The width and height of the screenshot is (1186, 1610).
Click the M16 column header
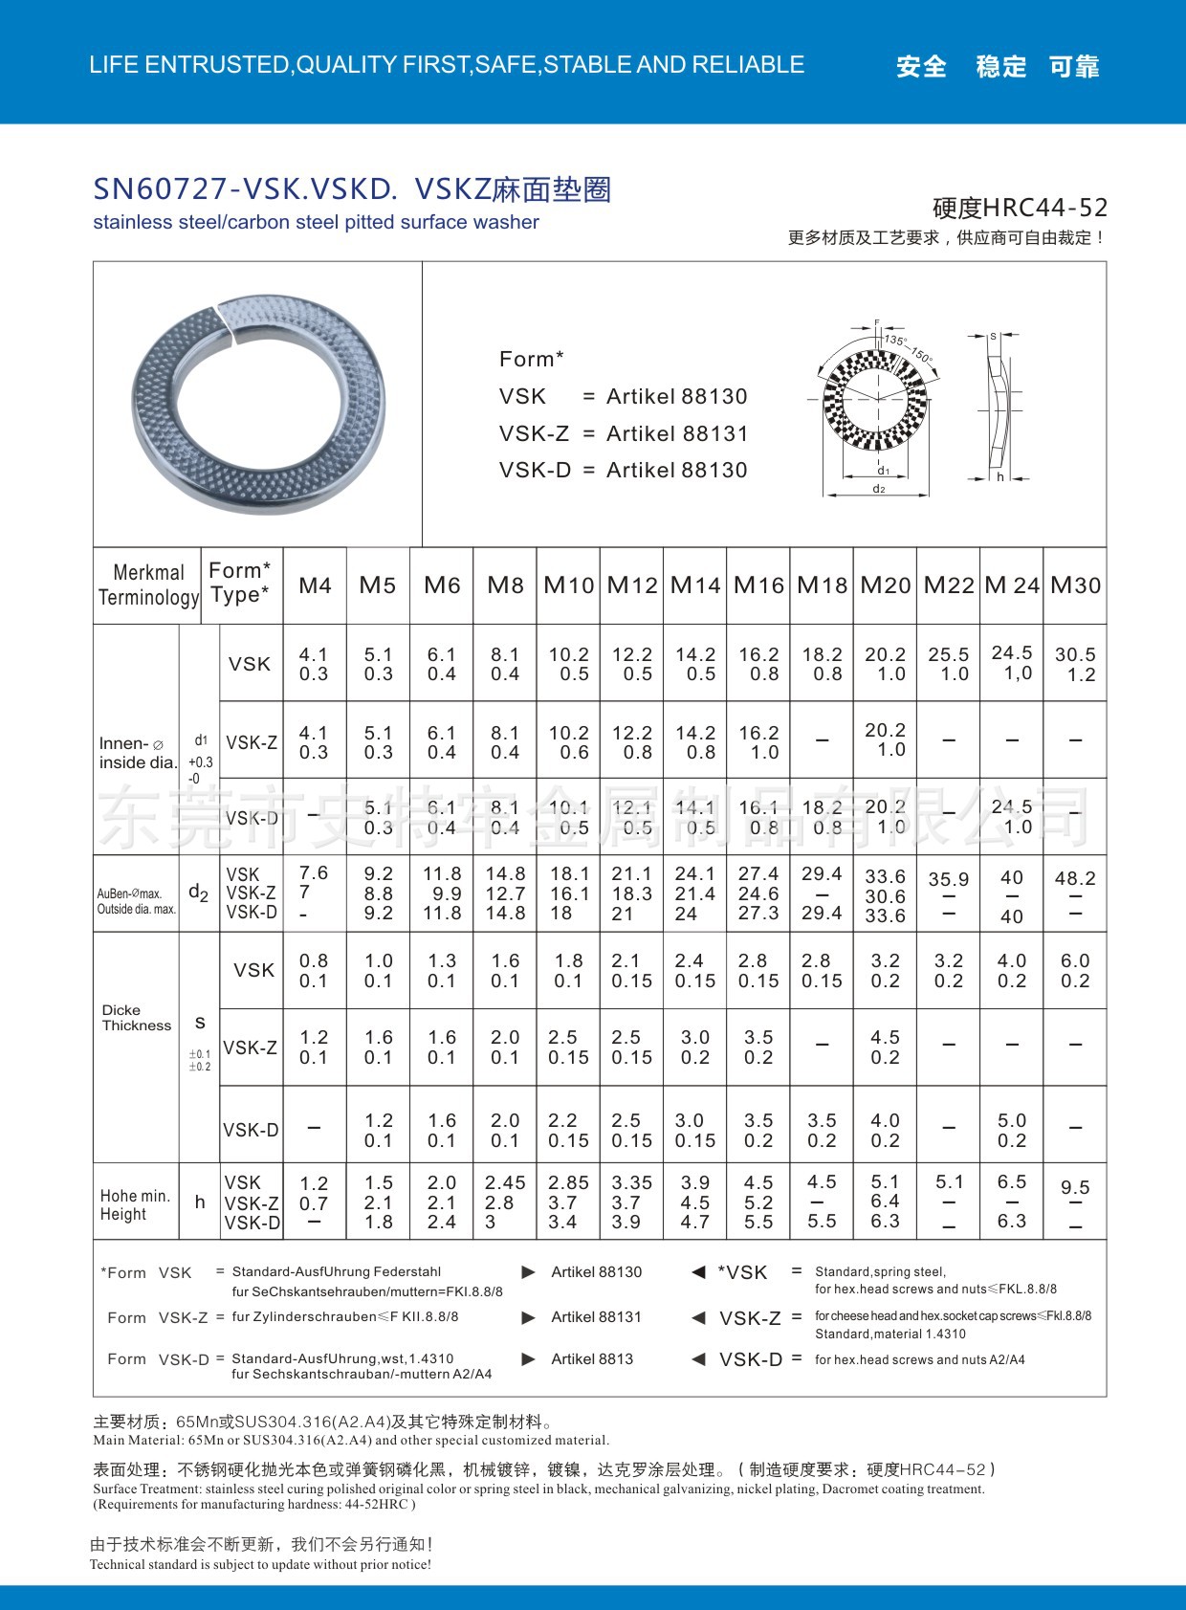coord(758,584)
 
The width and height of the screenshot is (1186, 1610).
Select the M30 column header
coord(1075,584)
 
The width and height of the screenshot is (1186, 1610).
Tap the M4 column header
coord(315,584)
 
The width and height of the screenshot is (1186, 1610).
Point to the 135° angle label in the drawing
coord(894,341)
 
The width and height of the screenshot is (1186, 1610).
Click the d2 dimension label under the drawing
coord(878,489)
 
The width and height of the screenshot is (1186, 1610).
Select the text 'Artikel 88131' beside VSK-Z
coord(677,433)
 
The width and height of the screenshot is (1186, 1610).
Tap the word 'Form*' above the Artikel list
coord(532,359)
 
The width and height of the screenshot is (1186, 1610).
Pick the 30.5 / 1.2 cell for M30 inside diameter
coord(1075,664)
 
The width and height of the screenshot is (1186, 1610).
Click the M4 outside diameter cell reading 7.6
coord(313,873)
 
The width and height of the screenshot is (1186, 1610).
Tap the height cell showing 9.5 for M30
coord(1075,1187)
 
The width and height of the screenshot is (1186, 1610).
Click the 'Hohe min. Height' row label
coord(135,1204)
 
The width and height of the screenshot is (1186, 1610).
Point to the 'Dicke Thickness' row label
coord(136,1018)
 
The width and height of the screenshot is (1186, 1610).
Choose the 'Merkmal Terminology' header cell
coord(148,584)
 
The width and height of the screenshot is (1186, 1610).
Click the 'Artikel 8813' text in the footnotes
coord(592,1358)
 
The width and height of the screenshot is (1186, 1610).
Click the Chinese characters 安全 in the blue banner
coord(921,66)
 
